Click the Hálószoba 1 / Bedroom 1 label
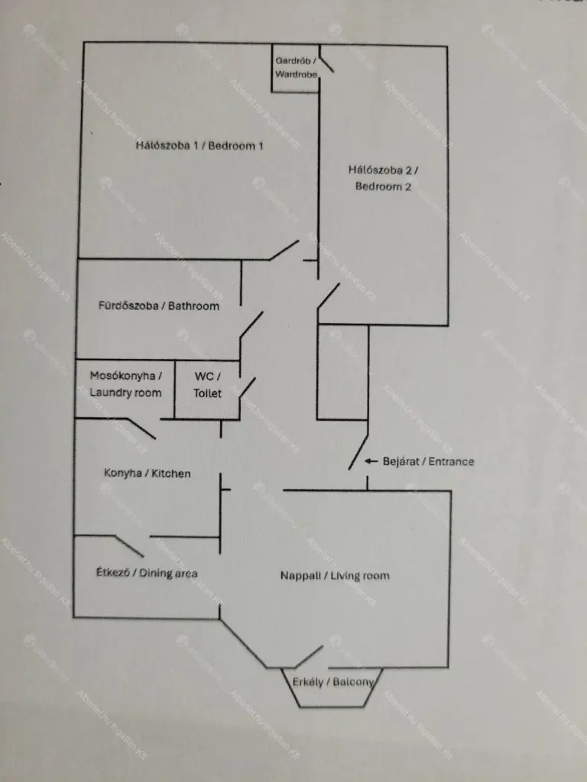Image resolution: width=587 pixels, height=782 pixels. pyautogui.click(x=199, y=146)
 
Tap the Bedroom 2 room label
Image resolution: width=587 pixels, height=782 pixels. pyautogui.click(x=384, y=178)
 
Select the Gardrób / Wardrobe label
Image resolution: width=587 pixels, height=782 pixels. pyautogui.click(x=296, y=67)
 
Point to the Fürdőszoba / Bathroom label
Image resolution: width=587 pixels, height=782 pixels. pyautogui.click(x=159, y=305)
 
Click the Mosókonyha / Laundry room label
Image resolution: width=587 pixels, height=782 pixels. pyautogui.click(x=126, y=384)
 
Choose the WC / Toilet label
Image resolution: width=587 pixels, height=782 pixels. pyautogui.click(x=207, y=385)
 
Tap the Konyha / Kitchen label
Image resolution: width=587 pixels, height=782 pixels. pyautogui.click(x=148, y=473)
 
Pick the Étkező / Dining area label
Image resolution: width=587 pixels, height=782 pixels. pyautogui.click(x=147, y=573)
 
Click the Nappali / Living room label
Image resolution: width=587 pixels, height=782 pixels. pyautogui.click(x=335, y=576)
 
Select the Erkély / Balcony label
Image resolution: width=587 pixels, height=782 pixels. pyautogui.click(x=333, y=682)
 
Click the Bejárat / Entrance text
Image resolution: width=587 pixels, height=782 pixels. pyautogui.click(x=428, y=461)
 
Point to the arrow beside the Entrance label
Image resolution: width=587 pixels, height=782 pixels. pyautogui.click(x=371, y=461)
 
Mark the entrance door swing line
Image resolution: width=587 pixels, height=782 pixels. pyautogui.click(x=358, y=452)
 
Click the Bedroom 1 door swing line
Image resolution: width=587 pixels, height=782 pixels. pyautogui.click(x=284, y=250)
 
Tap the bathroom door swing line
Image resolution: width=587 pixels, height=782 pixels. pyautogui.click(x=251, y=325)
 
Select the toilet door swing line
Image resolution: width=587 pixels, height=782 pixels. pyautogui.click(x=248, y=387)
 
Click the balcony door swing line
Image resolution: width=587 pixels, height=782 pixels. pyautogui.click(x=309, y=657)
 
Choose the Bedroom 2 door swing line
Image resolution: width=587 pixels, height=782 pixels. pyautogui.click(x=329, y=296)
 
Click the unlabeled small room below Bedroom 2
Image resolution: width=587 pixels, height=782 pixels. pyautogui.click(x=343, y=372)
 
